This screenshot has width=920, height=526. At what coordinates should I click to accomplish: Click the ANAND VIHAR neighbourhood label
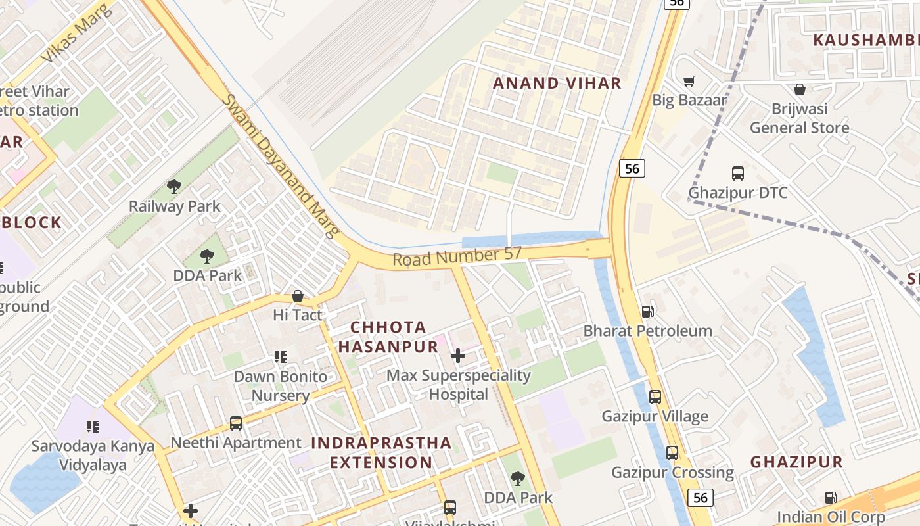tap(557, 83)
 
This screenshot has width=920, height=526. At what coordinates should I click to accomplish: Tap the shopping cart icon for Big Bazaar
tap(689, 81)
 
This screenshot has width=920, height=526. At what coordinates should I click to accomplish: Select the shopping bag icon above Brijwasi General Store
tap(800, 89)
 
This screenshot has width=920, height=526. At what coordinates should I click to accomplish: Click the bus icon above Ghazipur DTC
tap(737, 174)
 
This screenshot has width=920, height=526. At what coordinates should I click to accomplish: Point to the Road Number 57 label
tap(457, 256)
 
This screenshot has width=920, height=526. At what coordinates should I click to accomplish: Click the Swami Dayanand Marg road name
tap(281, 165)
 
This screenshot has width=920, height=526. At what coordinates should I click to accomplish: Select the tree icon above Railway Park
tap(174, 187)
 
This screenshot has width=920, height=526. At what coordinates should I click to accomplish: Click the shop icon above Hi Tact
tap(298, 296)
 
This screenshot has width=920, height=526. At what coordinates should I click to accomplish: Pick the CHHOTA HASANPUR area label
tap(388, 337)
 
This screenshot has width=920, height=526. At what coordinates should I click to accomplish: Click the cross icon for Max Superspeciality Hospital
tap(458, 356)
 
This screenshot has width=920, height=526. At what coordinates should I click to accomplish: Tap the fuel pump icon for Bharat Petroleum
tap(647, 311)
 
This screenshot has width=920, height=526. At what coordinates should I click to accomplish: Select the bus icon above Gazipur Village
tap(655, 396)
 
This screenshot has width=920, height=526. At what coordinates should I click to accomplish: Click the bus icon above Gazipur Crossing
tap(672, 453)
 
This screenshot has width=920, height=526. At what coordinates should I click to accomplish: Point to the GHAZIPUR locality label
tap(796, 462)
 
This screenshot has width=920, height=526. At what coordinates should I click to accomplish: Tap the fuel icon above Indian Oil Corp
tap(831, 498)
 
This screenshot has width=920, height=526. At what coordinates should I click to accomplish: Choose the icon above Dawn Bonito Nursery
tap(281, 357)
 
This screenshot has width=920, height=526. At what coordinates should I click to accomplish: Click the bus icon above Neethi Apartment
tap(235, 423)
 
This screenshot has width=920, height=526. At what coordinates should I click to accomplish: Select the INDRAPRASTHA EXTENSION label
tap(381, 452)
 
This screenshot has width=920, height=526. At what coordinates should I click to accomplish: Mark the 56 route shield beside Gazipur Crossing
tap(701, 498)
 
